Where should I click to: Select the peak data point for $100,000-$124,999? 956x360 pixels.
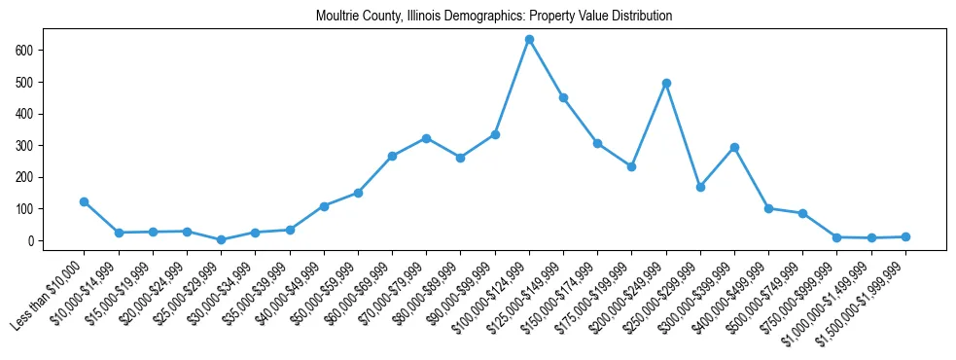529,40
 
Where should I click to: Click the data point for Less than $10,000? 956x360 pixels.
85,201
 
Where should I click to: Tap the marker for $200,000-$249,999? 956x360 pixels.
666,83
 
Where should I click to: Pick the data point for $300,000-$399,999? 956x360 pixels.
734,147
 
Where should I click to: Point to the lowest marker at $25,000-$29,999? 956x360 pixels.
221,239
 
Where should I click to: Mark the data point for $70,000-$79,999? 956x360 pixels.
426,138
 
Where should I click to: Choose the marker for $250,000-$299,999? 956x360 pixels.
700,187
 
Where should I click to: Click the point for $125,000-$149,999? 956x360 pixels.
563,97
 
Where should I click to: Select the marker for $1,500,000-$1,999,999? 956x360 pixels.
905,236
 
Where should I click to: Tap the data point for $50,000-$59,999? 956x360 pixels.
358,193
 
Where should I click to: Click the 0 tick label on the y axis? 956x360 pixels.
33,240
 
